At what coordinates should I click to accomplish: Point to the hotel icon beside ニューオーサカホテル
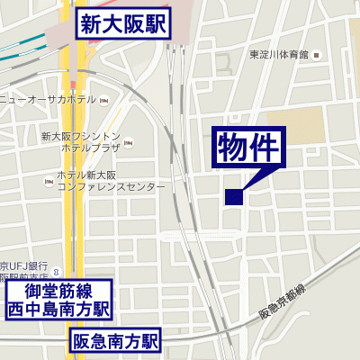point(103,99)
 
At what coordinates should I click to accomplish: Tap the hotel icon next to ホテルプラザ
point(128,144)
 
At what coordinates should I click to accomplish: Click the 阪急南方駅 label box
point(115,341)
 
